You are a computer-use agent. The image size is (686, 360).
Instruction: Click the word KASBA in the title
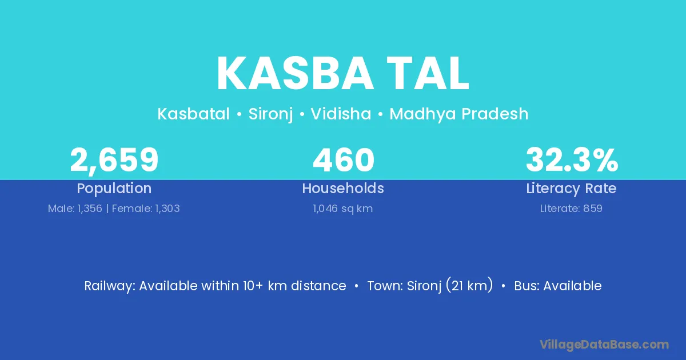295,74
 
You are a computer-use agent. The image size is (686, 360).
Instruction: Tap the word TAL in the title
428,74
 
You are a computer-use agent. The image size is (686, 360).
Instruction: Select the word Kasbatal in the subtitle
193,114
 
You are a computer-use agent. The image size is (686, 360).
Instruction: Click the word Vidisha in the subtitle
341,114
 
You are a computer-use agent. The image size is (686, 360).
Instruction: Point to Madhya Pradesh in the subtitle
458,114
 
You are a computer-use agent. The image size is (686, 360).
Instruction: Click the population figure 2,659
114,160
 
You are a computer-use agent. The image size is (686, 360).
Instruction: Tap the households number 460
344,160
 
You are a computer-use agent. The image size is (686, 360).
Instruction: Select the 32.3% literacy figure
572,160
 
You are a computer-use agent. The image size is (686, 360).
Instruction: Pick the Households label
343,188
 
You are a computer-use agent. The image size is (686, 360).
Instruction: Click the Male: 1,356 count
75,209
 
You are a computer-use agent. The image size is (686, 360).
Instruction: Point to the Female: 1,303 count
146,209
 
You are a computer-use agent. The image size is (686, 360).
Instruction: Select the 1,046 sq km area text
342,209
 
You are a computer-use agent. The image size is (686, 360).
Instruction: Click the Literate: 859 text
571,209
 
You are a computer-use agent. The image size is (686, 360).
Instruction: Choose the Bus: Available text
558,286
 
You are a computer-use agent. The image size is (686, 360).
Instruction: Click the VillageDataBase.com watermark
604,345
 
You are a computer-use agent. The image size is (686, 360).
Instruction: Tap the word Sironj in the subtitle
270,114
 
